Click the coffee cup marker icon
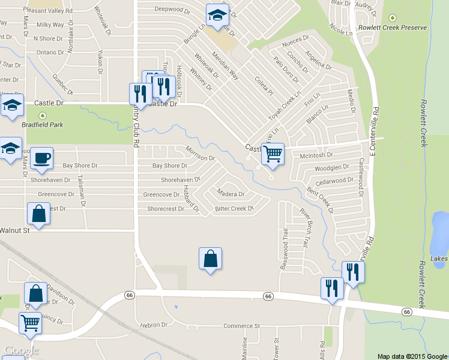41,158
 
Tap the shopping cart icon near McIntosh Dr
273,154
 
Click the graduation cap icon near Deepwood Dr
217,14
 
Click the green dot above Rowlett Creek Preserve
393,18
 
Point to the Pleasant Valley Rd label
47,11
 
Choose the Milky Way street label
50,25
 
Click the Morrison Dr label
200,154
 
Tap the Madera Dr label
231,194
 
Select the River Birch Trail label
304,229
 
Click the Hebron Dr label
154,325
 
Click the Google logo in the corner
22,350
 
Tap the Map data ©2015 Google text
412,356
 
